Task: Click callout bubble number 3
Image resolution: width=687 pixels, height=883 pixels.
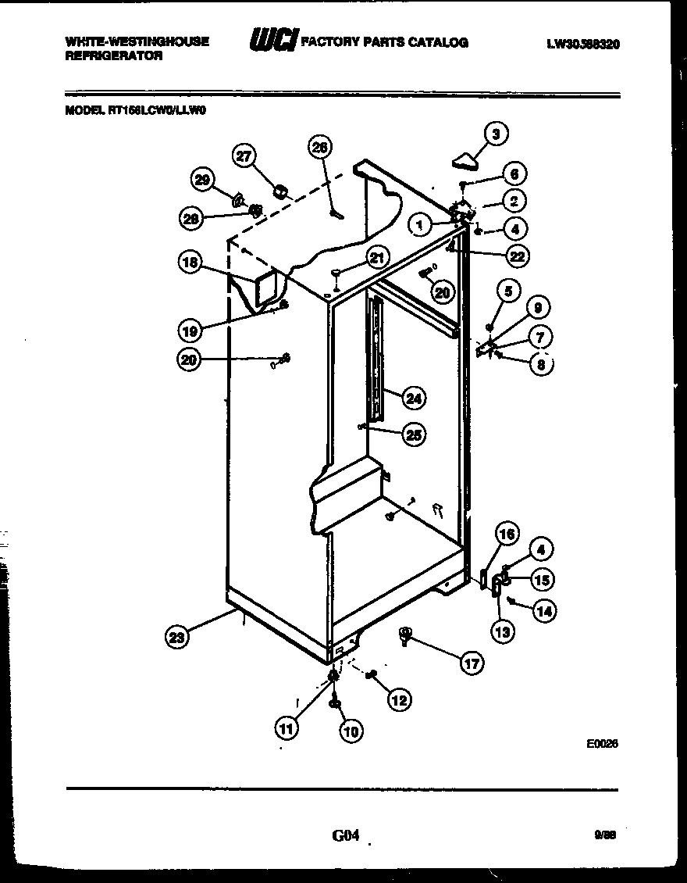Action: (x=495, y=134)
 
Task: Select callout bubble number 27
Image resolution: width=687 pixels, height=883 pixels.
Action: (x=246, y=157)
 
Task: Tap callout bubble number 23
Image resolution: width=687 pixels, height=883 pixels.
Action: (x=178, y=638)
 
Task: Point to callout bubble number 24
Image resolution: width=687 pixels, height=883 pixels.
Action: (x=413, y=399)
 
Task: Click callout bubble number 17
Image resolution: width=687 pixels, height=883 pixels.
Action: (x=471, y=664)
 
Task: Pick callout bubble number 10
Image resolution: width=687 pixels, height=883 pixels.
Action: (x=351, y=731)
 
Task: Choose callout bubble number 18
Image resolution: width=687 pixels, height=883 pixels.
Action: (x=190, y=263)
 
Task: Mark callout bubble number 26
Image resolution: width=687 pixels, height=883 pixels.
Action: (x=320, y=147)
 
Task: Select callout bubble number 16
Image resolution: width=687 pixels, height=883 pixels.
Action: (x=507, y=534)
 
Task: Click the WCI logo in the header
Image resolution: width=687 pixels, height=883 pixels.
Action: (x=272, y=41)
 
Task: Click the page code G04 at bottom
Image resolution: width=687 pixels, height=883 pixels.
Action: (x=345, y=836)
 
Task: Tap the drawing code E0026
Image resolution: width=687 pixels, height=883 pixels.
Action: (x=602, y=745)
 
